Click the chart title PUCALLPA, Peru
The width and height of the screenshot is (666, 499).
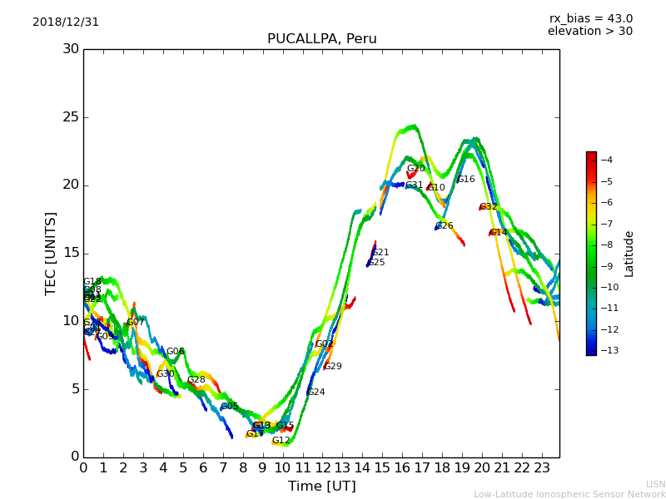click(x=321, y=39)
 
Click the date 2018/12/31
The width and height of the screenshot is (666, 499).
click(x=66, y=22)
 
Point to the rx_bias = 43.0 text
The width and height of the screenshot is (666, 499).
click(x=590, y=19)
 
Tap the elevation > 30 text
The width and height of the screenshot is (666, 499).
click(x=589, y=32)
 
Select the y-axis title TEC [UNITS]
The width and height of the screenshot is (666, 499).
click(x=51, y=253)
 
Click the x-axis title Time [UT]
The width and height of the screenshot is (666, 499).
click(x=321, y=487)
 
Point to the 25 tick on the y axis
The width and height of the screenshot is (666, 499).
click(x=70, y=117)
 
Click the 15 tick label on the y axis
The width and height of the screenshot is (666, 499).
click(x=70, y=253)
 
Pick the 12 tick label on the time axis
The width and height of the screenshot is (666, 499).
click(x=322, y=467)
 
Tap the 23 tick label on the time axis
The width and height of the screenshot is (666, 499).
click(x=541, y=467)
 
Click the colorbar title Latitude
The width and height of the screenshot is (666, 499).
click(x=629, y=254)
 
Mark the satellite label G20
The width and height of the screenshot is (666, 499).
click(x=415, y=169)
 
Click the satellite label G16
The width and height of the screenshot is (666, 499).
click(x=465, y=180)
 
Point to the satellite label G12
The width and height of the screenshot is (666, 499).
click(x=281, y=441)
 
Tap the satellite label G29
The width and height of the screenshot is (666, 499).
click(x=332, y=367)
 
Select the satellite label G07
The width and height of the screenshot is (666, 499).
click(x=135, y=323)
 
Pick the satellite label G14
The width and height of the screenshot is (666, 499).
click(x=498, y=233)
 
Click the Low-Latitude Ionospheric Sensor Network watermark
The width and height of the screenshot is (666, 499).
click(x=569, y=494)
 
